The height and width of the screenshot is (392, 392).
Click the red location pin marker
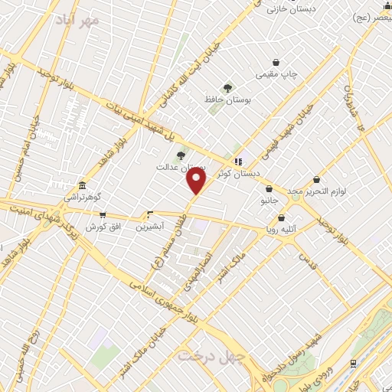[x=197, y=180]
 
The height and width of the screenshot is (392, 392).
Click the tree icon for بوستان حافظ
[x=227, y=88]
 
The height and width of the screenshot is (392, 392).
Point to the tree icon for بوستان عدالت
[x=181, y=155]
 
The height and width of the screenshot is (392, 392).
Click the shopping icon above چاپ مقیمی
[x=276, y=62]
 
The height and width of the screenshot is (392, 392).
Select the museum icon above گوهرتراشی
[x=82, y=186]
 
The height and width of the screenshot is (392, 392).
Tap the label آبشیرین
[x=149, y=227]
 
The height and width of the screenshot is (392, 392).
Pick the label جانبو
[x=269, y=201]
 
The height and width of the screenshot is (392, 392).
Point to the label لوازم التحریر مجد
[x=315, y=190]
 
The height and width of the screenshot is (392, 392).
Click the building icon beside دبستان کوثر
[x=238, y=162]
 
